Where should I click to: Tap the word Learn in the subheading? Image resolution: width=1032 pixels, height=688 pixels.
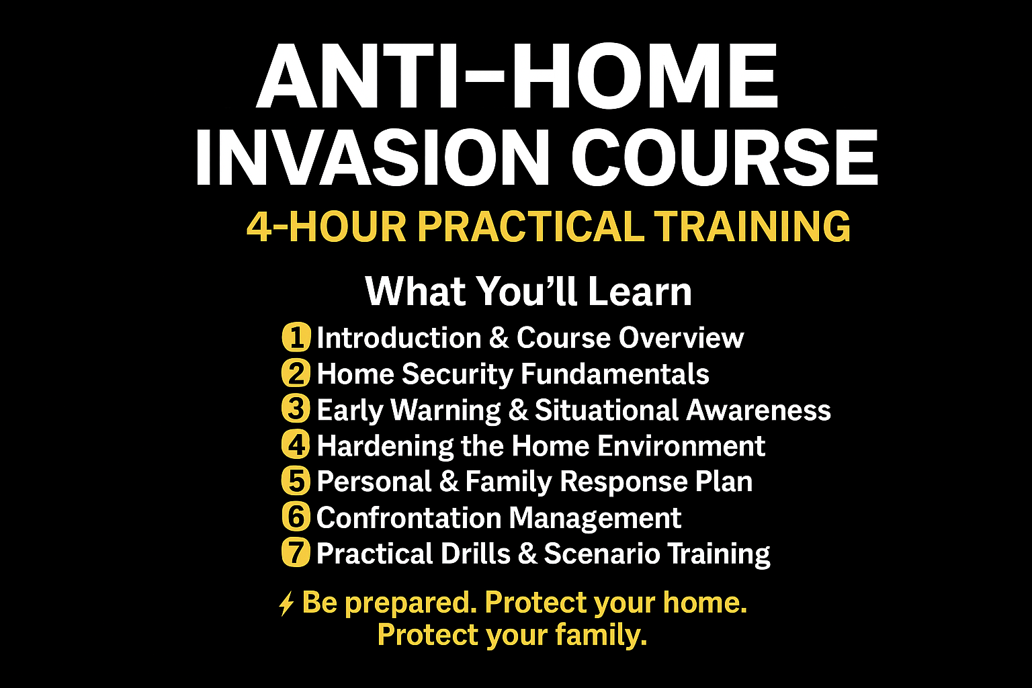640,291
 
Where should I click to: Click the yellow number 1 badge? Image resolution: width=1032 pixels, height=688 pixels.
296,337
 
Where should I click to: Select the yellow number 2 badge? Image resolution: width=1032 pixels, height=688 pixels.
296,374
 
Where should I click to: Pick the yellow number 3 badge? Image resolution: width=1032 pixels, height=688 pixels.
296,409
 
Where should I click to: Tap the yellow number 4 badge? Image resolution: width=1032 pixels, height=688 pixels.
296,445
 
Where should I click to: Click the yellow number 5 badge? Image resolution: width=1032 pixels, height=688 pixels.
296,481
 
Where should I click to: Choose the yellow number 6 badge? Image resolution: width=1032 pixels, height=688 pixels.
296,517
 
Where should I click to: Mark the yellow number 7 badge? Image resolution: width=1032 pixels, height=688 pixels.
296,553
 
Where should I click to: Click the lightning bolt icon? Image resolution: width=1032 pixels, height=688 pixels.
287,603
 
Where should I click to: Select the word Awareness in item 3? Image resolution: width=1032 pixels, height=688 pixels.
759,410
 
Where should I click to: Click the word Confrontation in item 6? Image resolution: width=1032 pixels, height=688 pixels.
408,517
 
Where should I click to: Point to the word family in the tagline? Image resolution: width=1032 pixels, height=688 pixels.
601,636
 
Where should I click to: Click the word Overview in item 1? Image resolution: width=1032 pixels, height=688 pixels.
681,338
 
